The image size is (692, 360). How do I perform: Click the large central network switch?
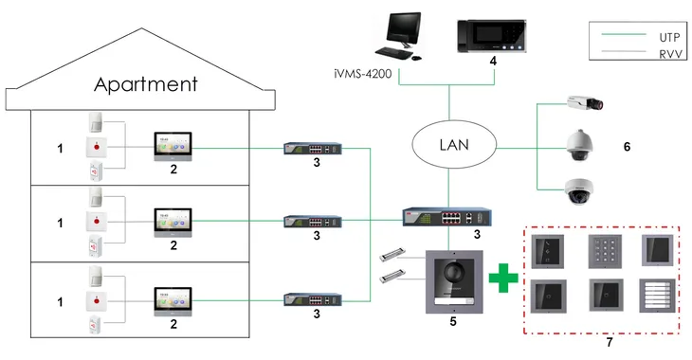(x=435, y=217)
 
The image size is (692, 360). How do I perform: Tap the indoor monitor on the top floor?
(x=173, y=146)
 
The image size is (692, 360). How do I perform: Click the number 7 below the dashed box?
(x=609, y=343)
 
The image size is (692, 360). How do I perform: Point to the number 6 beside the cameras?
(x=627, y=147)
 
